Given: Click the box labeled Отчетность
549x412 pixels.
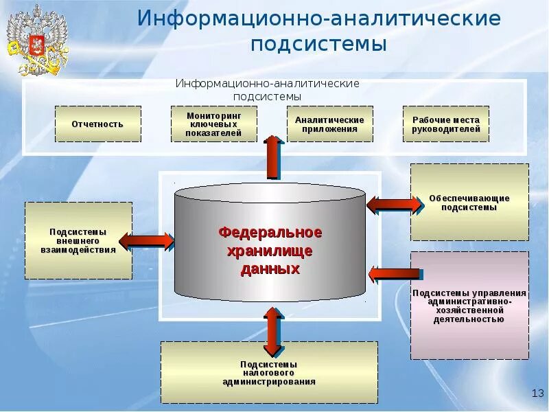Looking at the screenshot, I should click(97, 124).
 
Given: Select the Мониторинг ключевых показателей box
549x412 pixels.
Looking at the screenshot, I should click(213, 124).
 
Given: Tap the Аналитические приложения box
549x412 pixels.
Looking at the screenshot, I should click(329, 124).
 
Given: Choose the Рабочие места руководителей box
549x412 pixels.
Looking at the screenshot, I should click(445, 124).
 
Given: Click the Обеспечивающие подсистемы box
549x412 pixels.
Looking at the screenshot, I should click(469, 203).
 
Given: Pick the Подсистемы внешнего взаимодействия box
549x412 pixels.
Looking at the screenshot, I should click(78, 240).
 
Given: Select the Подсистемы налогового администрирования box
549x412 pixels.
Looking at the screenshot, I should click(269, 372).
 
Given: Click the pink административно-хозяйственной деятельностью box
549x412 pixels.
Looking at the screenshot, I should click(469, 306).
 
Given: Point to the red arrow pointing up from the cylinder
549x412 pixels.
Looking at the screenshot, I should click(273, 157).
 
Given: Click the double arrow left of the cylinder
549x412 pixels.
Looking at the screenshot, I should click(147, 240).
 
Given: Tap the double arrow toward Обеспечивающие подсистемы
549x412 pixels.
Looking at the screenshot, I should click(395, 204).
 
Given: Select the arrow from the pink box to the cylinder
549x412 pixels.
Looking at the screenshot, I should click(393, 274).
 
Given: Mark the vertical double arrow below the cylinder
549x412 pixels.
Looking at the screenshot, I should click(273, 331).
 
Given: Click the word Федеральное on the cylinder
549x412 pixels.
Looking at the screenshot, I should click(270, 233).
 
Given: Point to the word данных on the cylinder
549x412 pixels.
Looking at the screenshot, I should click(270, 269).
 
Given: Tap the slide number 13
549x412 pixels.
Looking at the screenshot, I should click(537, 392).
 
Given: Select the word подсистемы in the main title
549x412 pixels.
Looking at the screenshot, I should click(318, 45).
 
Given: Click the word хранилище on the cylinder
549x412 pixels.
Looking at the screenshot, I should click(270, 251).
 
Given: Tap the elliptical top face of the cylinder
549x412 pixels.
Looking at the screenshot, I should click(270, 193).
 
